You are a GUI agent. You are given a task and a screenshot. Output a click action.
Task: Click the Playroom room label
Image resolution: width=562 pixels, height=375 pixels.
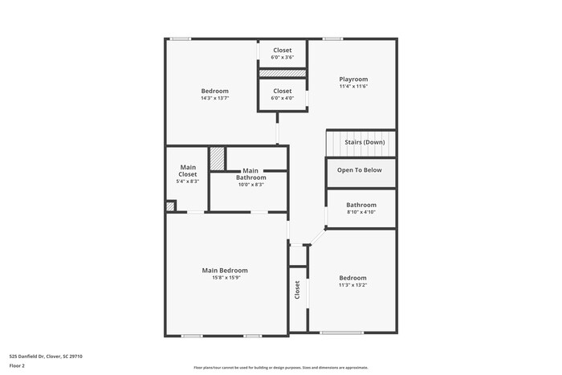click(352, 79)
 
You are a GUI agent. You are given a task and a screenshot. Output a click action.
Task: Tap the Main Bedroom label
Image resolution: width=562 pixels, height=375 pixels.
click(225, 271)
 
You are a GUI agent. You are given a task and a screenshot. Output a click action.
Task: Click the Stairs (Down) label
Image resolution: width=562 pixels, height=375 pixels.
click(364, 142)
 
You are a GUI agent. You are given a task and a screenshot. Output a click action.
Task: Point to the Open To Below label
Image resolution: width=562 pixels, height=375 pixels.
click(359, 170)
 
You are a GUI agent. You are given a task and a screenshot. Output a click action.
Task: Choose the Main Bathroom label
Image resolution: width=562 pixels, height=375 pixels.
click(250, 173)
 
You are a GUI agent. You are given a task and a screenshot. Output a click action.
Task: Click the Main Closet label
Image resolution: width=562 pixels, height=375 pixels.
click(187, 170)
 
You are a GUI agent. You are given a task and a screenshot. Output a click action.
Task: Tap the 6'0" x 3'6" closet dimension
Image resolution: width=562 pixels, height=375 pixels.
click(283, 58)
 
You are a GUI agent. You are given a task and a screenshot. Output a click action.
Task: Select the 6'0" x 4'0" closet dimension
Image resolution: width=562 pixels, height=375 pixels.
click(283, 99)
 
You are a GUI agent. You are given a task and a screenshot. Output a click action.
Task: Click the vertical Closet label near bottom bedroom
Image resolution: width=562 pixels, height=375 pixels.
click(297, 290)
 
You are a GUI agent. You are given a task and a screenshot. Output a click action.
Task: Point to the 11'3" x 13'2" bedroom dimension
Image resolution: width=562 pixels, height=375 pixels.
click(352, 285)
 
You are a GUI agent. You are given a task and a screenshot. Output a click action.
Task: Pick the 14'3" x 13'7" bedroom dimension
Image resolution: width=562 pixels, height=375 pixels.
click(214, 98)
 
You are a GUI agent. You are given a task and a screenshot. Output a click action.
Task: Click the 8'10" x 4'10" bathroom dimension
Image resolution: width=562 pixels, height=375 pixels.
click(361, 213)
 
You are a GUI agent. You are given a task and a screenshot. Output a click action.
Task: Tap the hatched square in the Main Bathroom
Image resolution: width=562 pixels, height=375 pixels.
click(217, 158)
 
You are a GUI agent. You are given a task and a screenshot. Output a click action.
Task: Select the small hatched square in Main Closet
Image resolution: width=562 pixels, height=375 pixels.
click(170, 206)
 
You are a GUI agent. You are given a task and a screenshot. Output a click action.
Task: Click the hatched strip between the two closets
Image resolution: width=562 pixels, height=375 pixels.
click(282, 73)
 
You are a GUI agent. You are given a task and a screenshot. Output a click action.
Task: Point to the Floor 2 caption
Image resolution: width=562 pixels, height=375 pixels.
click(17, 366)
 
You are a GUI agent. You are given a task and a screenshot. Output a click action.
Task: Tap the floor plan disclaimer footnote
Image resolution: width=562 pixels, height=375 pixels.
click(281, 368)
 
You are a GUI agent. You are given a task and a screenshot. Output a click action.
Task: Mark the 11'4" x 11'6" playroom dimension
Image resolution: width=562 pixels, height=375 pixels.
click(352, 87)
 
